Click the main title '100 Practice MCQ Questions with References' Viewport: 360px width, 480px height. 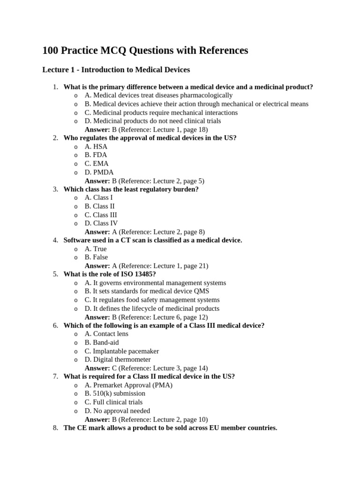pos(145,50)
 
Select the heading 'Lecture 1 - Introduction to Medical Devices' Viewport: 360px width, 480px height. pos(116,70)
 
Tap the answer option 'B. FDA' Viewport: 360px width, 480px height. pos(96,155)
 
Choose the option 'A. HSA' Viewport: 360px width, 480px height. pos(96,147)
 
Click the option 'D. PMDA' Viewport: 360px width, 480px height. pos(99,172)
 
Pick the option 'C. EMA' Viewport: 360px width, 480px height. pos(97,164)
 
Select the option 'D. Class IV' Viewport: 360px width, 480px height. pos(101,223)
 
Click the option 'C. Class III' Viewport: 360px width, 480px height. pos(101,215)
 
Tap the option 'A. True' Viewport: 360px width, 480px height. pos(96,249)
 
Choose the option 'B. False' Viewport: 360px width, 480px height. pos(96,257)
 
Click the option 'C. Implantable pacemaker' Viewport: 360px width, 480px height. pos(121,351)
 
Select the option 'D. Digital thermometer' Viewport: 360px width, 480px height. pos(118,360)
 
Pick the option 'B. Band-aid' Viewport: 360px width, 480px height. pos(102,343)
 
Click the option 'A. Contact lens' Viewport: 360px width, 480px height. pos(106,334)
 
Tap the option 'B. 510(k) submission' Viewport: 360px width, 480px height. pos(115,393)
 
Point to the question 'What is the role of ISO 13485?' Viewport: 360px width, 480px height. pos(110,274)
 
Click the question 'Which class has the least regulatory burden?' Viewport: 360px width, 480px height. pos(131,189)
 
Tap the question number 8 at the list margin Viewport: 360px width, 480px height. pos(55,427)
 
